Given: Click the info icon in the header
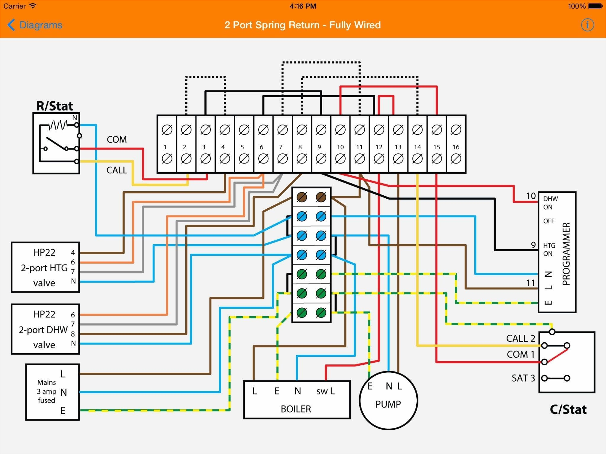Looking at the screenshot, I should click(587, 25).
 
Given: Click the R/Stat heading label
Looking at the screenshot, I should click(55, 106).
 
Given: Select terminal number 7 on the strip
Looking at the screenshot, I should click(281, 147).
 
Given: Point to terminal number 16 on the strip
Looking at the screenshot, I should click(456, 147).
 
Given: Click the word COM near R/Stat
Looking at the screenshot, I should click(117, 140).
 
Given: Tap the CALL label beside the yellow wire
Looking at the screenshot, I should click(117, 170).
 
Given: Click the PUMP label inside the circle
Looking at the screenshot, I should click(388, 404).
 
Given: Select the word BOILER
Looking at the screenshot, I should click(296, 409).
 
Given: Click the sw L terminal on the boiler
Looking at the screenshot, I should click(325, 391).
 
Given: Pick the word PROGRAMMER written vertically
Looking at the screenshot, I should click(566, 254).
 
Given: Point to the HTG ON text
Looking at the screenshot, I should click(549, 249).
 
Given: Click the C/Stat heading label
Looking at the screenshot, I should click(568, 409).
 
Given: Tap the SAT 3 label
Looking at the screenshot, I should click(523, 378).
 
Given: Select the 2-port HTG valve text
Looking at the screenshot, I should click(44, 268).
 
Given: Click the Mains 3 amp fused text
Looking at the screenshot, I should click(46, 391).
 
